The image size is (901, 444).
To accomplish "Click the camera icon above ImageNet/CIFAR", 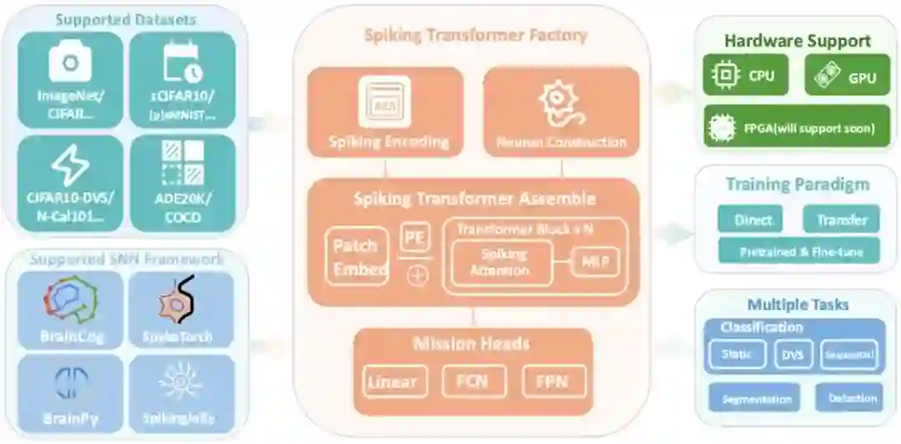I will click(69, 64).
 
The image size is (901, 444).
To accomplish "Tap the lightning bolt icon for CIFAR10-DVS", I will click(69, 165).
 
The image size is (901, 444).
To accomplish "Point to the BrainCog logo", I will click(70, 300).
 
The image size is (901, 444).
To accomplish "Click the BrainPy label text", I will click(70, 418).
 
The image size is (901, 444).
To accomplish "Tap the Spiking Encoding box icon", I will click(384, 102).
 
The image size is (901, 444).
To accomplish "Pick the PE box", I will click(415, 237).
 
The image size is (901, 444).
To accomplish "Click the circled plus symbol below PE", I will click(415, 276).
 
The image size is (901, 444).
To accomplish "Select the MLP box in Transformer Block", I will click(596, 263).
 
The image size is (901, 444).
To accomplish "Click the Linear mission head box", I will click(391, 382).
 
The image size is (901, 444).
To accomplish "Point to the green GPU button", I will click(843, 76).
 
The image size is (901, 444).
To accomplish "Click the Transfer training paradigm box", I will click(841, 220).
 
